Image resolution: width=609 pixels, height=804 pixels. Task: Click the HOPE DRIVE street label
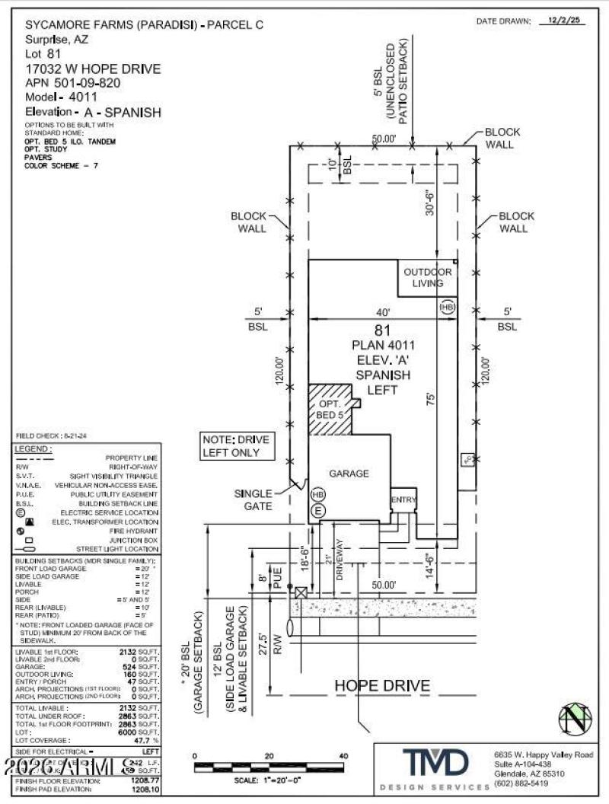(382, 685)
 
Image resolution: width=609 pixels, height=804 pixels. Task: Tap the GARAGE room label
(349, 473)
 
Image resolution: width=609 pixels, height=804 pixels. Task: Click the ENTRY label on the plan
(403, 499)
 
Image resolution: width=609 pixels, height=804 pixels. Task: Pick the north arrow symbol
(576, 719)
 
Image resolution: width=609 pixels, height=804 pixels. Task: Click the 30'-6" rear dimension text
(430, 204)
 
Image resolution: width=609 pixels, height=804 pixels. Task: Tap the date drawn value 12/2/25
(564, 22)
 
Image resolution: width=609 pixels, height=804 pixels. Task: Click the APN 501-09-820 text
(74, 83)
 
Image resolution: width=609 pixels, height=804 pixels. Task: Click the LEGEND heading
(33, 449)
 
